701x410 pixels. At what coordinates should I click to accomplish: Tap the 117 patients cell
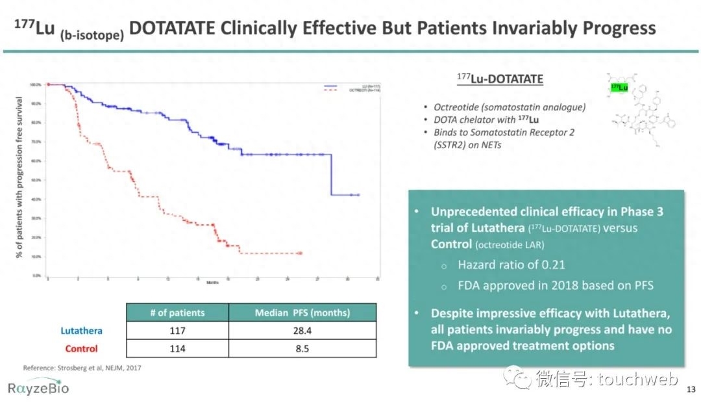pyautogui.click(x=177, y=331)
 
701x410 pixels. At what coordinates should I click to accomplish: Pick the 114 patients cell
pyautogui.click(x=177, y=349)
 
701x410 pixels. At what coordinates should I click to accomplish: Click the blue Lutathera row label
pyautogui.click(x=81, y=331)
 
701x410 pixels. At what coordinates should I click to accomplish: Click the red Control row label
pyautogui.click(x=81, y=349)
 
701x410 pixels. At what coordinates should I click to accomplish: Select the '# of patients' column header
pyautogui.click(x=177, y=313)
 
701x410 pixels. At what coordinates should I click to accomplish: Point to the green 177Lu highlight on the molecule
pyautogui.click(x=619, y=87)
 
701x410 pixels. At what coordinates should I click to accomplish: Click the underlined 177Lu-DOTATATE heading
pyautogui.click(x=499, y=79)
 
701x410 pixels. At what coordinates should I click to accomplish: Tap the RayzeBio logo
pyautogui.click(x=38, y=388)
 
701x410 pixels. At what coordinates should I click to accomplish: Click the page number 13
pyautogui.click(x=691, y=390)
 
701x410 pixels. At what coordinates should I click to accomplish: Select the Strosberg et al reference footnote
pyautogui.click(x=82, y=368)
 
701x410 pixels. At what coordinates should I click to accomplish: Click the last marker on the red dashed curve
pyautogui.click(x=300, y=253)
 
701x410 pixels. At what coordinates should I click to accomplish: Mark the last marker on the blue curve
pyautogui.click(x=358, y=195)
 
